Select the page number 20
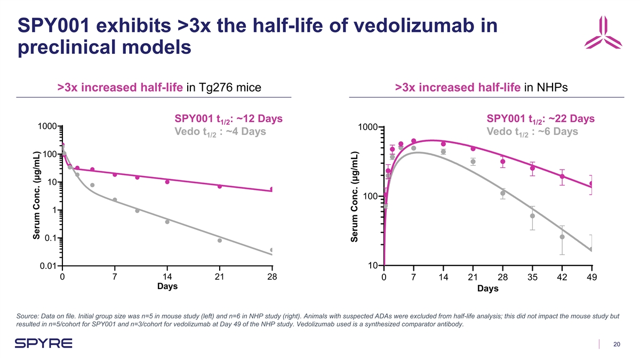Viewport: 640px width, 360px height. point(617,345)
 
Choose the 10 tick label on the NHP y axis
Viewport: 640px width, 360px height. point(373,266)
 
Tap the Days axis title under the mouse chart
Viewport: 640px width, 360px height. point(167,286)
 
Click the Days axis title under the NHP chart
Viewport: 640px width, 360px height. point(488,289)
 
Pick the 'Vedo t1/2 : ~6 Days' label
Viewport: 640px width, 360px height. point(532,132)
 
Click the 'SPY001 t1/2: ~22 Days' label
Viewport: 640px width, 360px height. point(540,118)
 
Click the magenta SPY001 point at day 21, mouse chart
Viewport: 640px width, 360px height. point(220,186)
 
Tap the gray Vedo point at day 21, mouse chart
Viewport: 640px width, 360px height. point(220,241)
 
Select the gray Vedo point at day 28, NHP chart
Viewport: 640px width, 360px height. point(502,193)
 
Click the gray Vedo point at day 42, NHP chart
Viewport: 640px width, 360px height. point(562,237)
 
